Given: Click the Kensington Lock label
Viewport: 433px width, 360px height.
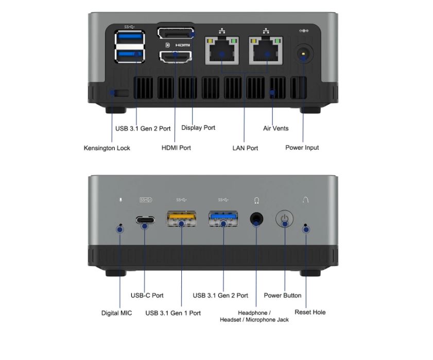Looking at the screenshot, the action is (107, 148).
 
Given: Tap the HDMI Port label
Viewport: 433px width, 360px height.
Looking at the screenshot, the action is (176, 148).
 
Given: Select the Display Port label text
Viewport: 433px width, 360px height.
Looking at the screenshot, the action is (198, 128).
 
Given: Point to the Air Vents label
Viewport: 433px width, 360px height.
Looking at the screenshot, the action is (276, 128).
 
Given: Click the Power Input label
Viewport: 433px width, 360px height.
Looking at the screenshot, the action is (302, 148).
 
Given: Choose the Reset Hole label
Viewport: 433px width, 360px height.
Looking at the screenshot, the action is (310, 312).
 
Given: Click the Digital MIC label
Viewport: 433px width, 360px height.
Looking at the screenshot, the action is (116, 313).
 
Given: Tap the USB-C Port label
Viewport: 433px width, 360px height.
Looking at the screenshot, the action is (147, 295).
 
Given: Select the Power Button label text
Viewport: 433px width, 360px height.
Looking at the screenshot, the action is (283, 295).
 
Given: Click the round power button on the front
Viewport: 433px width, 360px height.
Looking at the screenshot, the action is (284, 219).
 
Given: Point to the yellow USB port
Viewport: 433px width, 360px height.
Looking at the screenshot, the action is (182, 219).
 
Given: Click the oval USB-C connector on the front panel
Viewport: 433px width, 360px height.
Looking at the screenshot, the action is (145, 220).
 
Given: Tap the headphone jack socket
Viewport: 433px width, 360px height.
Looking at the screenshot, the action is (256, 219).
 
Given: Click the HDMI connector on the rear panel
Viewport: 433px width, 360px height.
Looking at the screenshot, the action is (176, 57).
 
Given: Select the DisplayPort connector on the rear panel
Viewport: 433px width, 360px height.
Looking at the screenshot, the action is (176, 33).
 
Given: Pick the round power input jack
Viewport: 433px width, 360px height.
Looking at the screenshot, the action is (303, 53).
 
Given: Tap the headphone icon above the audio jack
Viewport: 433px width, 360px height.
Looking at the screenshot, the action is (256, 201).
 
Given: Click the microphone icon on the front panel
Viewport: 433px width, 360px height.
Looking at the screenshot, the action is (120, 200).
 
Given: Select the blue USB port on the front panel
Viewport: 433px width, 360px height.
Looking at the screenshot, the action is (223, 219).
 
